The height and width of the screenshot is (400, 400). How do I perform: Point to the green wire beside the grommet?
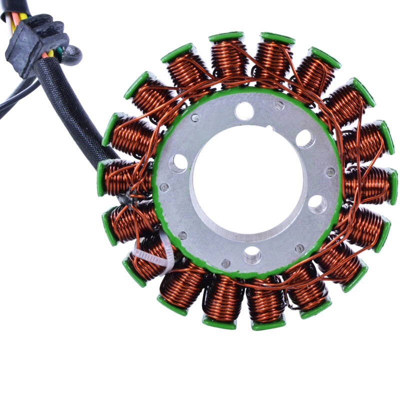[60, 50]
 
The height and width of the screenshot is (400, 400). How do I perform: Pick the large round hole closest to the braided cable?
[178, 162]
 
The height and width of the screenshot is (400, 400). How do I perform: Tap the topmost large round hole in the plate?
[244, 110]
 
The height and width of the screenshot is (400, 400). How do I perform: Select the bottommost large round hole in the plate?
[252, 255]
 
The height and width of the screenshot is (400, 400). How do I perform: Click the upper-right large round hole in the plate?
[305, 138]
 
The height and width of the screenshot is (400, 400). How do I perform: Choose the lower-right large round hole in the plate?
[317, 204]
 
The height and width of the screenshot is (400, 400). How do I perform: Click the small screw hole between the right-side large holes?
[330, 171]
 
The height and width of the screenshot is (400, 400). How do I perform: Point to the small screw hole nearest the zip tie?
[182, 235]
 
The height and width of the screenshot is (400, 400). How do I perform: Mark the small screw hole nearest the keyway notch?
[279, 105]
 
